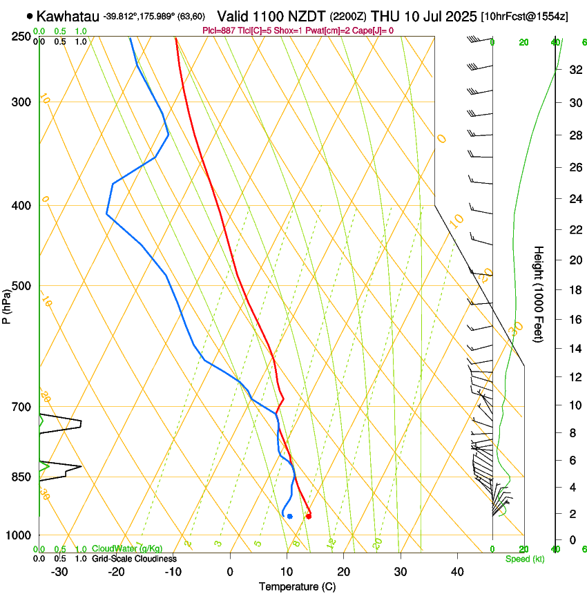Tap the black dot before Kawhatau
coord(29,16)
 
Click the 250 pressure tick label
coord(21,36)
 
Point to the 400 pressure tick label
coord(21,206)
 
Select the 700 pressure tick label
coord(21,407)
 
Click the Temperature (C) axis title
coord(297,586)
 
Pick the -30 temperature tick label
coord(59,571)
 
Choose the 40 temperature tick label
coord(456,571)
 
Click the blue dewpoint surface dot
coord(290,516)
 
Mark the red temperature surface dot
coord(308,516)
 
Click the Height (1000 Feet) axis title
coord(539,294)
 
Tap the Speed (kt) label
coord(525,559)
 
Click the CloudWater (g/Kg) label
coord(128,549)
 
